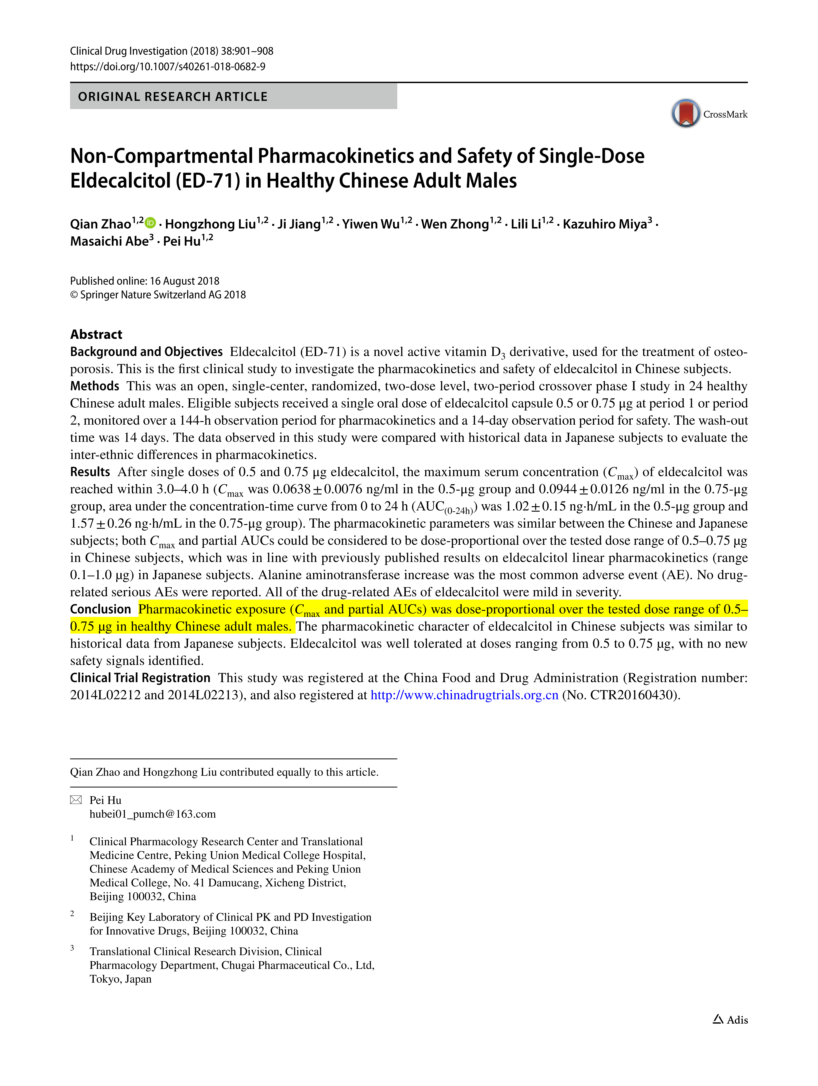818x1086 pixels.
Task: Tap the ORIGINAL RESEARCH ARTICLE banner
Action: (233, 96)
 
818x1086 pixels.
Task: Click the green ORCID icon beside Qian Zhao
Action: (150, 223)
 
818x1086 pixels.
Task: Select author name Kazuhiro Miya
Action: (604, 224)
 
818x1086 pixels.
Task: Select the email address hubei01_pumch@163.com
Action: (152, 814)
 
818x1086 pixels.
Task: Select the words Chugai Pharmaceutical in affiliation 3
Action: (276, 965)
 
